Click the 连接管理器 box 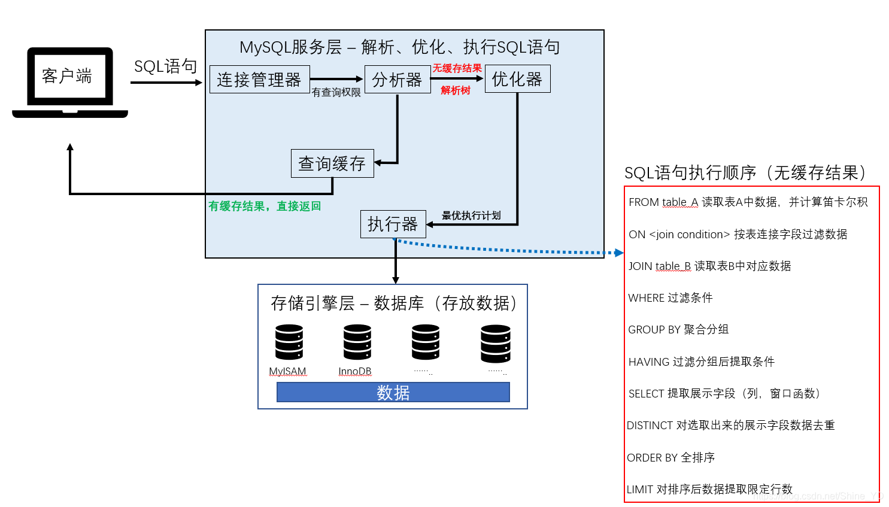(x=259, y=80)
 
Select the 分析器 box (x=397, y=80)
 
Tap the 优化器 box (x=517, y=79)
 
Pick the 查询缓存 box (x=332, y=163)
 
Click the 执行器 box (x=393, y=224)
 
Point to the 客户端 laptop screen (x=69, y=76)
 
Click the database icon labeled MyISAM (x=289, y=342)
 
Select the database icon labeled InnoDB (x=357, y=342)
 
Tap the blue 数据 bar (x=393, y=393)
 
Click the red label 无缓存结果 (x=457, y=68)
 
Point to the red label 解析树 (x=456, y=90)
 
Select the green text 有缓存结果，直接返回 (x=265, y=207)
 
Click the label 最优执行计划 (x=471, y=215)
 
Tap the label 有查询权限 (x=336, y=92)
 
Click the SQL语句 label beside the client (x=165, y=66)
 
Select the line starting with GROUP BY (x=678, y=330)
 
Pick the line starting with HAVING (x=701, y=362)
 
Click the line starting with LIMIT (x=709, y=489)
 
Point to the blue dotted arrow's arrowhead (x=620, y=253)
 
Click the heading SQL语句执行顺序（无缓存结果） (x=745, y=173)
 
